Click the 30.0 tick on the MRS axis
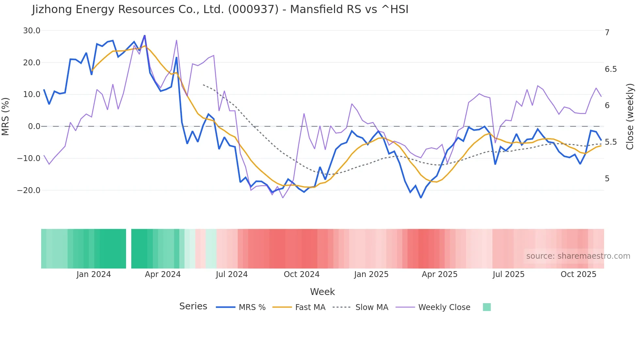[31, 31]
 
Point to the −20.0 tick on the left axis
[29, 190]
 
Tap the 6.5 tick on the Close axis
[611, 69]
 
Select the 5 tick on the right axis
[607, 179]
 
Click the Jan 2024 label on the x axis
[94, 274]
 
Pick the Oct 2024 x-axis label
[301, 274]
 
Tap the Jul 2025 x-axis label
[508, 274]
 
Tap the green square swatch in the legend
[487, 307]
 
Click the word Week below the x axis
[322, 292]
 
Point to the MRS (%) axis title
[6, 117]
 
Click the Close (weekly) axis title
[630, 117]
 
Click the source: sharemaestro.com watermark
[578, 256]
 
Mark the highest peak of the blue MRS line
[145, 36]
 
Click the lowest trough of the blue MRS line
[421, 198]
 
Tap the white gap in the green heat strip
[129, 249]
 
